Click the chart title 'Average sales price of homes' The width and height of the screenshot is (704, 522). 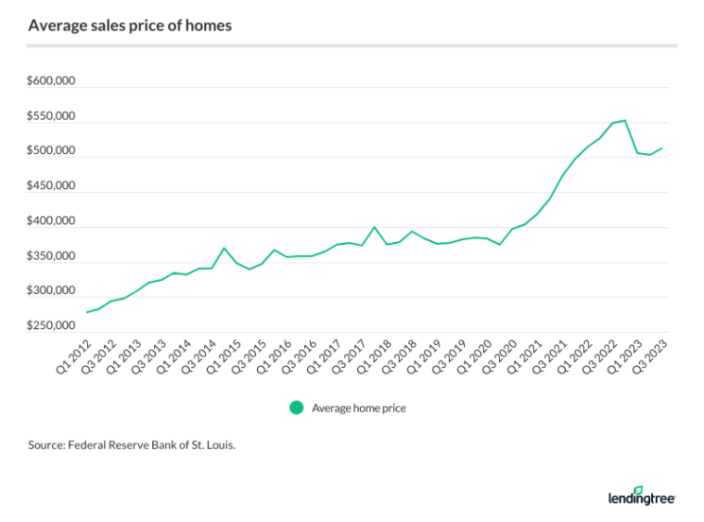pyautogui.click(x=130, y=26)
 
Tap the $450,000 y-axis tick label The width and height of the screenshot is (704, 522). pyautogui.click(x=51, y=187)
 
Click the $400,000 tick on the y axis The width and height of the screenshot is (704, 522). pyautogui.click(x=51, y=222)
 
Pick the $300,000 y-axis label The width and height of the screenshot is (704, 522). pyautogui.click(x=51, y=291)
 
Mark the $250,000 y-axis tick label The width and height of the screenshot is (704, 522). pyautogui.click(x=51, y=326)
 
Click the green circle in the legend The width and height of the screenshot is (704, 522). pyautogui.click(x=297, y=408)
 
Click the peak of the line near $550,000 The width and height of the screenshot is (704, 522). pyautogui.click(x=625, y=120)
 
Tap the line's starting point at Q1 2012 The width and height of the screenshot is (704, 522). pyautogui.click(x=87, y=312)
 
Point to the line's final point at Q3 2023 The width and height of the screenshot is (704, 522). pyautogui.click(x=661, y=148)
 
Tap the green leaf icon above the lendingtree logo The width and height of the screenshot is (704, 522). pyautogui.click(x=638, y=489)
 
